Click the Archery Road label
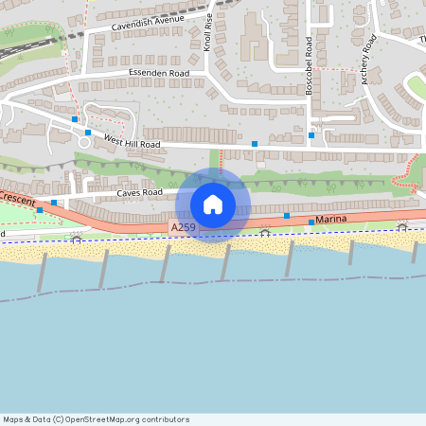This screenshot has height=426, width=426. point(369,59)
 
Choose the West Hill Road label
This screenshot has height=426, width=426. point(133,142)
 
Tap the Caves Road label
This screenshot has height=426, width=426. point(140,192)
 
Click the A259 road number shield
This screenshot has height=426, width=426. point(184,228)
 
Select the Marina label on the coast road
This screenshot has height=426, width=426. point(332,220)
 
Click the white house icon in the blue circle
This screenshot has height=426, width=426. point(213,204)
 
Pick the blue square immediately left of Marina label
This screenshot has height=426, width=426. point(311,222)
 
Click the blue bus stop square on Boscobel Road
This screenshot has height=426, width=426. point(311,135)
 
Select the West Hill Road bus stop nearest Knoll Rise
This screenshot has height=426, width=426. point(254,143)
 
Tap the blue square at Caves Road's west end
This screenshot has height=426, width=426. point(54,203)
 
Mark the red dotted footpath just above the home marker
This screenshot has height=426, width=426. point(220,161)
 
